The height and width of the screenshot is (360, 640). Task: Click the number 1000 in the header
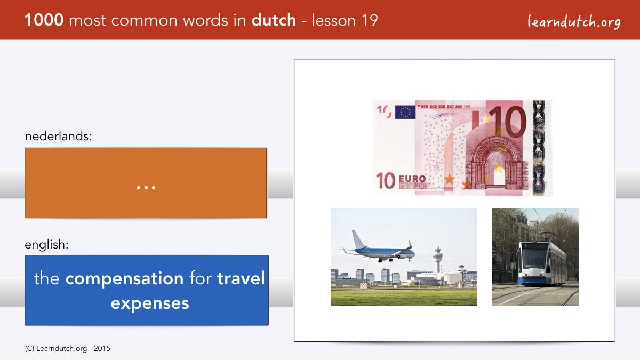coord(44,20)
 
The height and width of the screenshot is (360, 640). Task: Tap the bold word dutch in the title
coord(274,20)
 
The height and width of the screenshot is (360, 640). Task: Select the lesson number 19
coord(370,20)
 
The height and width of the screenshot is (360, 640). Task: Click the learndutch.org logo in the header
coord(574,22)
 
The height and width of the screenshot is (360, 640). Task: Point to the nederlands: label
coord(58,136)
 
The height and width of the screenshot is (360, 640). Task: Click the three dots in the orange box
coord(146,188)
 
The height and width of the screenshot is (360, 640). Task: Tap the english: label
coord(46,245)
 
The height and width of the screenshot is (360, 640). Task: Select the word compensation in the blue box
coord(125,279)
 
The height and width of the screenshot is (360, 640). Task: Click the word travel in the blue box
coord(241,278)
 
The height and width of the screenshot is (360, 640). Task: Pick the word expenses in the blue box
coord(150,303)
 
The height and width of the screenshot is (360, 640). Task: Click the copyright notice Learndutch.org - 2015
coord(67,349)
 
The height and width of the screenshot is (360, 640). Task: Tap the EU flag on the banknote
coord(405,112)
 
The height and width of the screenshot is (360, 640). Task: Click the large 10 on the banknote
coord(509,122)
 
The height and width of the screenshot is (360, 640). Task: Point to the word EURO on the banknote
coord(412,179)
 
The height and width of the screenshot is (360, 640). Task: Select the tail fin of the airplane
coord(358,239)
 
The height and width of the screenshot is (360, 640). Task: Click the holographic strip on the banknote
coord(539,148)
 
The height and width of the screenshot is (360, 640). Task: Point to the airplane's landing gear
coord(389,260)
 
